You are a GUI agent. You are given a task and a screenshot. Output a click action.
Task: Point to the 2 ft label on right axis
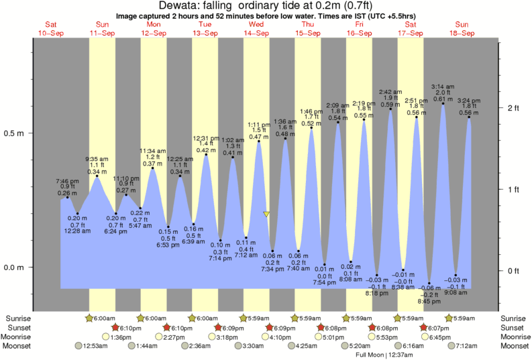[x=514, y=108]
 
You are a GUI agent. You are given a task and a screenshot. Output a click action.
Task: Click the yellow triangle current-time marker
[x=267, y=215]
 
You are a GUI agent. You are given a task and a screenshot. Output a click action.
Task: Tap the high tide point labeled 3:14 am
[x=443, y=104]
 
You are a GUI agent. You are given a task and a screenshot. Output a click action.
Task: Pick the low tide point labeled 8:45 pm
[x=430, y=283]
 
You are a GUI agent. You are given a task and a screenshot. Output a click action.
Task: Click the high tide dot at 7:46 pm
[x=67, y=197]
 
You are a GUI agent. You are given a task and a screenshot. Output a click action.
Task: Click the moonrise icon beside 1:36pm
[x=105, y=337]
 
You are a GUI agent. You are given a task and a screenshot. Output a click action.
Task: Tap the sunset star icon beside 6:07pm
[x=424, y=327]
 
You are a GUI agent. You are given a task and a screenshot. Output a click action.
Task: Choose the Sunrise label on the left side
[x=19, y=318]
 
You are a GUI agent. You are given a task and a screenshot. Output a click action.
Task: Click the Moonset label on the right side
[x=513, y=346]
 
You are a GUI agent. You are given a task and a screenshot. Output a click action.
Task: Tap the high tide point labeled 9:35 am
[x=97, y=176]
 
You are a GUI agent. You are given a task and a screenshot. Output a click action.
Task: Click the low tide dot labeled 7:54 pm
[x=325, y=265]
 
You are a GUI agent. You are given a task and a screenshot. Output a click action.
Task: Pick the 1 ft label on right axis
[x=514, y=189]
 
